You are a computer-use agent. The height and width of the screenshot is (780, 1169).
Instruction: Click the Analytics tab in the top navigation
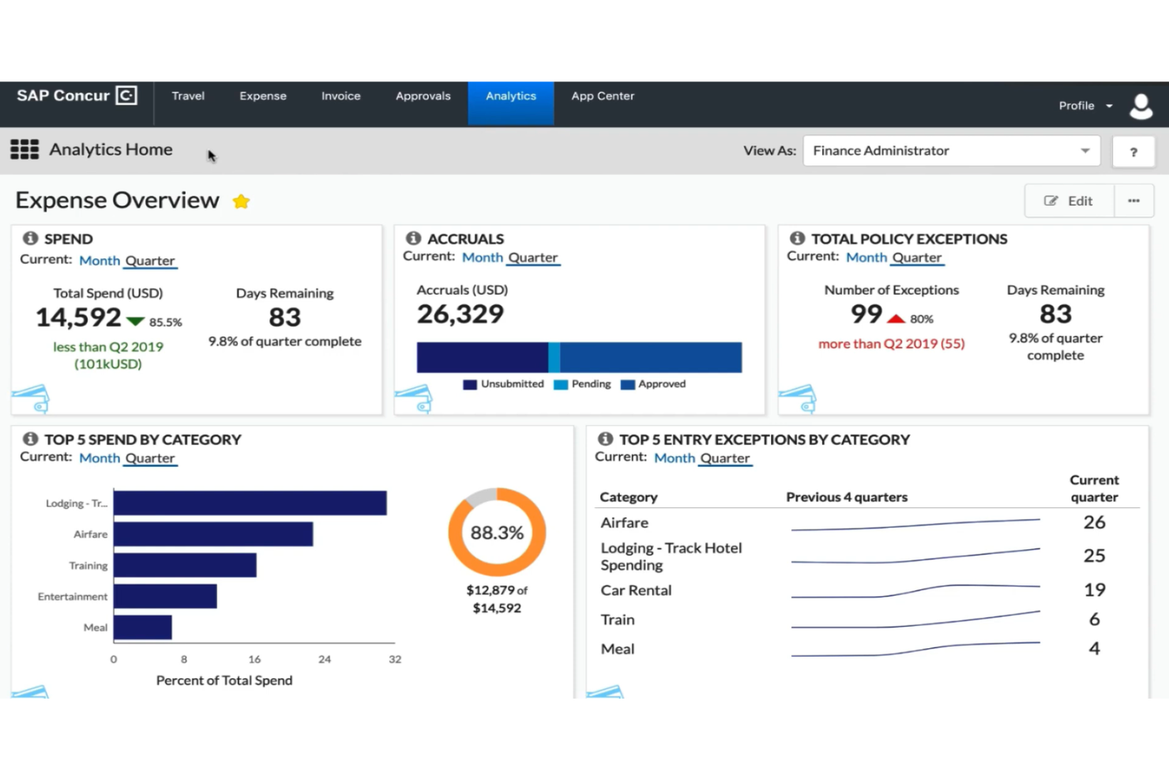[510, 96]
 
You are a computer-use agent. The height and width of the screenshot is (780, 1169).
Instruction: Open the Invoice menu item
[340, 96]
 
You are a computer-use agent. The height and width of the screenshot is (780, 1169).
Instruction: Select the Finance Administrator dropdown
[951, 151]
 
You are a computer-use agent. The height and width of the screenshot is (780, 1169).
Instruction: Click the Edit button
[1069, 201]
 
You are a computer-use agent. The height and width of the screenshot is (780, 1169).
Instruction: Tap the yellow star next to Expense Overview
[241, 202]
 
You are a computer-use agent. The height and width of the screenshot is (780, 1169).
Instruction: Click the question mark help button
[1133, 152]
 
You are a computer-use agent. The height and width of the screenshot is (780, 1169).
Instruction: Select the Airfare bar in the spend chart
[213, 534]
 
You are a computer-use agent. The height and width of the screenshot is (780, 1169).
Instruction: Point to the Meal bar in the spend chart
[143, 627]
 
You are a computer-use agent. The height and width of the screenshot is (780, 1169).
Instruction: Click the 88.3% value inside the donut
[497, 533]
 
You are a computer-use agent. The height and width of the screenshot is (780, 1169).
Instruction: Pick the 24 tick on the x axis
[325, 659]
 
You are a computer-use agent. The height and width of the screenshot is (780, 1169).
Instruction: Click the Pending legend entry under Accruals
[583, 384]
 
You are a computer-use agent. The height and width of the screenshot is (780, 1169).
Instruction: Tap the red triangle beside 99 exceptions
[896, 318]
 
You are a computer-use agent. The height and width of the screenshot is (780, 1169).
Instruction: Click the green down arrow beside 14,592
[136, 322]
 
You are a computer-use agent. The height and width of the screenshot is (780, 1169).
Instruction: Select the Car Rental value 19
[1094, 590]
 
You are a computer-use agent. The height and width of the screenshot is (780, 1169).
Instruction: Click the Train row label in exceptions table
[618, 620]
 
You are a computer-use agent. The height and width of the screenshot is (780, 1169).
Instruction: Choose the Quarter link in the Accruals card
[532, 258]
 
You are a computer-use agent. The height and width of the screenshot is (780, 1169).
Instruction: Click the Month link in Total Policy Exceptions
[866, 258]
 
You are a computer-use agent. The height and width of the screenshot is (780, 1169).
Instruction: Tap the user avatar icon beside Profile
[1141, 106]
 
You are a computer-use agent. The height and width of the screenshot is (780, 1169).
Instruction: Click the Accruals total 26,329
[460, 315]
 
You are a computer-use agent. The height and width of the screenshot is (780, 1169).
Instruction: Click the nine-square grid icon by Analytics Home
[24, 149]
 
